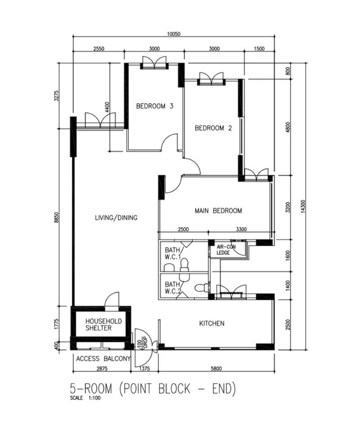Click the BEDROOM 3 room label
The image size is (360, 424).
click(x=155, y=106)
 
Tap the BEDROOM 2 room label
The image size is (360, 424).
click(x=213, y=128)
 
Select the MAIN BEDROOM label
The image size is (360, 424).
click(x=218, y=211)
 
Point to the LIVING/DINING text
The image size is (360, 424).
click(x=116, y=217)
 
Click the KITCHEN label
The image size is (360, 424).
click(x=211, y=323)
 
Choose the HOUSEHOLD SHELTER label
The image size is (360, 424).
click(x=103, y=325)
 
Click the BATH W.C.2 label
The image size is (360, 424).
click(x=172, y=288)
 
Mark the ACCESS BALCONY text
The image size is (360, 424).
click(x=103, y=359)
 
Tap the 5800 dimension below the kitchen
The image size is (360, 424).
click(x=216, y=369)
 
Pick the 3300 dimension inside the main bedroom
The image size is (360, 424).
click(x=241, y=229)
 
